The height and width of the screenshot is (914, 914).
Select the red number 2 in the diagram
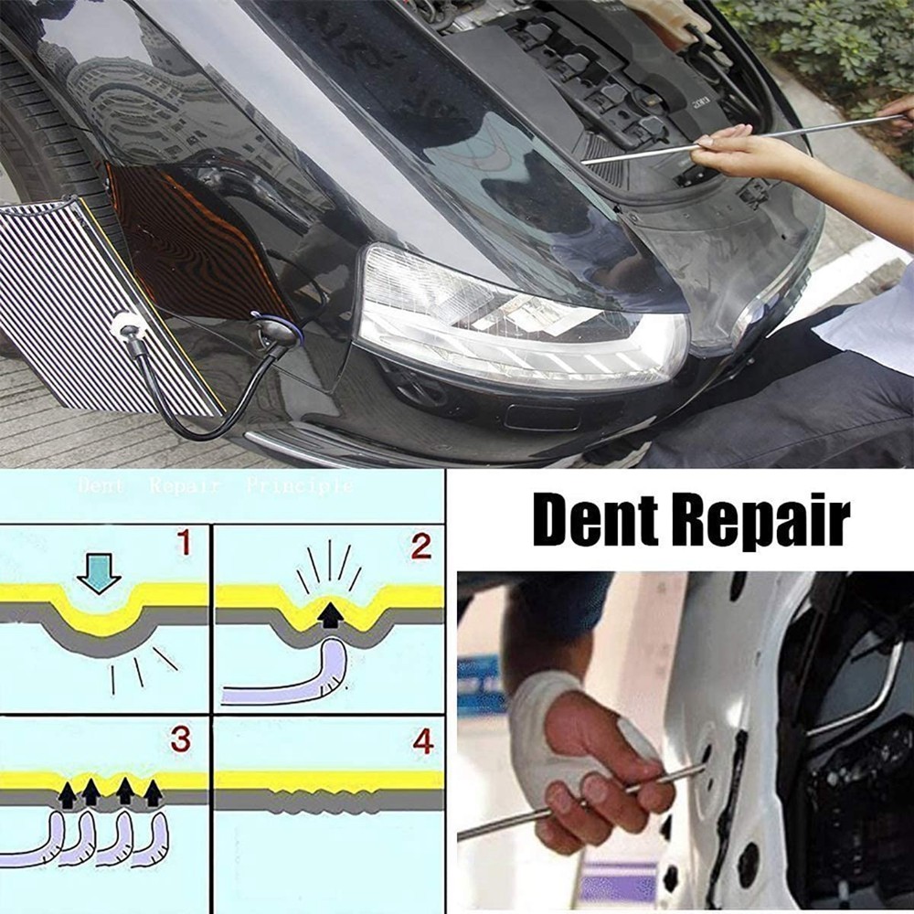420,547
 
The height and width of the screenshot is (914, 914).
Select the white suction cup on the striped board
126,324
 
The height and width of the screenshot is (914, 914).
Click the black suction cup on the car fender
274,331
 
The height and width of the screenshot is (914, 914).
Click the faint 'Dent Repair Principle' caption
215,485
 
